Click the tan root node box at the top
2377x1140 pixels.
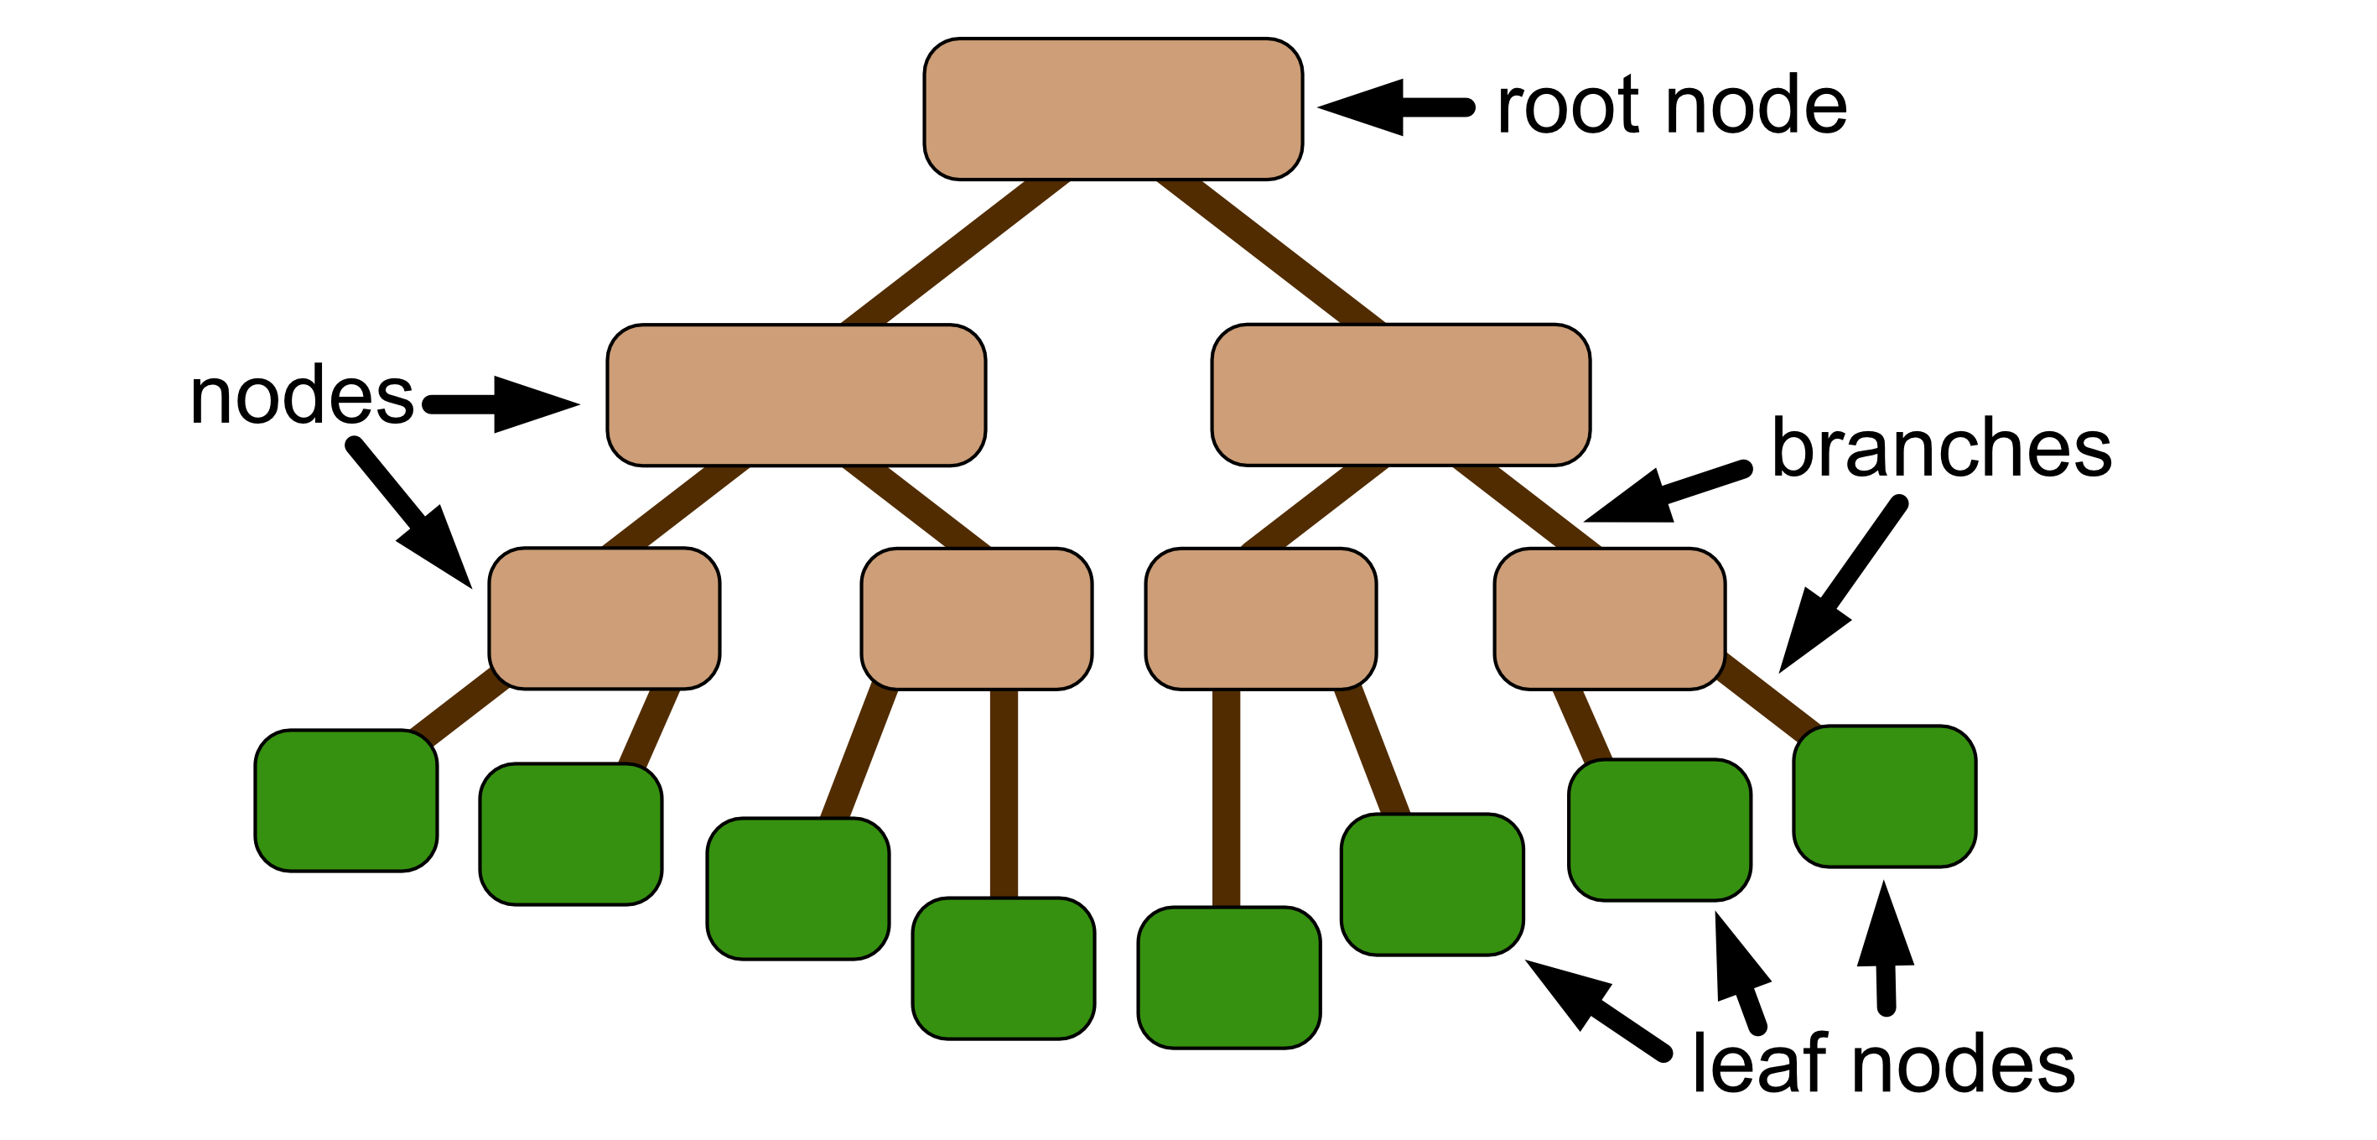point(1113,109)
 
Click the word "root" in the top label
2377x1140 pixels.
point(1569,107)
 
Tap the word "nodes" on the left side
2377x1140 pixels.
point(302,396)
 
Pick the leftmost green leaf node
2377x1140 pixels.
point(346,800)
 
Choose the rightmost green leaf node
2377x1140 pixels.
point(1884,796)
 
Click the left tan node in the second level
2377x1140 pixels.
point(796,395)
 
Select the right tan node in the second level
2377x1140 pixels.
point(1400,395)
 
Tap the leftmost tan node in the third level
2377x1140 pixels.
point(605,618)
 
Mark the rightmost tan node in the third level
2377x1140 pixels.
point(1609,618)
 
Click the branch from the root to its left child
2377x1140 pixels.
point(955,252)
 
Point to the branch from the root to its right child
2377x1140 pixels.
point(1272,252)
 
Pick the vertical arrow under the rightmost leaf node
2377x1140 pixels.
point(1885,950)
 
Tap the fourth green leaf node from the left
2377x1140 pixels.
point(1003,967)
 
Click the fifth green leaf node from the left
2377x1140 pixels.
point(1229,977)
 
